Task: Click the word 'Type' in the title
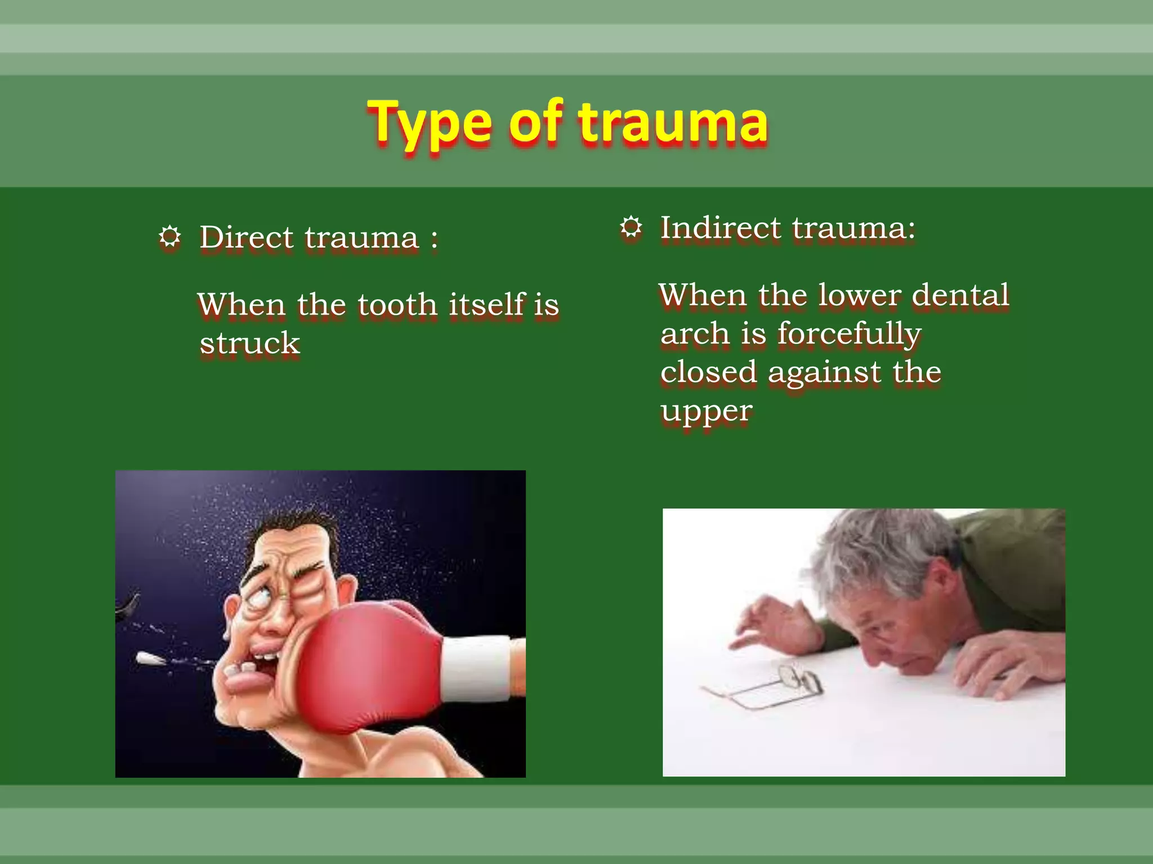pos(430,123)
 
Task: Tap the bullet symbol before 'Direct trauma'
pos(169,237)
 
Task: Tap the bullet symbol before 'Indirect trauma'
pos(631,228)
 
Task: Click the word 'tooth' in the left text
pos(397,304)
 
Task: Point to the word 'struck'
pos(250,343)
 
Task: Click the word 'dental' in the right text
pos(960,295)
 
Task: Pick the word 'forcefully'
pos(849,334)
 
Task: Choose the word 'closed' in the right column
pos(709,372)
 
